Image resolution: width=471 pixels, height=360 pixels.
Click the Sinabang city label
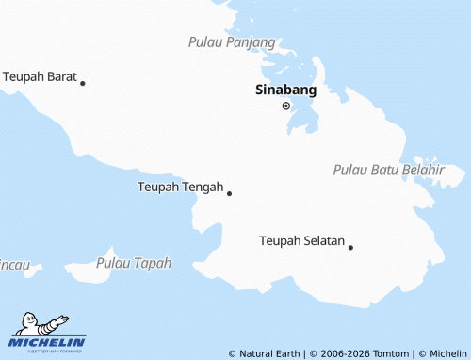[285, 91]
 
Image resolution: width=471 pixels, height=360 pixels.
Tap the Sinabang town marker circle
[286, 106]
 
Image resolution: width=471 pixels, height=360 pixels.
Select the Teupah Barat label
[40, 75]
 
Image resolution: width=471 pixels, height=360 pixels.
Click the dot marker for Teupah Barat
[83, 83]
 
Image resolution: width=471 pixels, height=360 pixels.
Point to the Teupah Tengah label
[180, 187]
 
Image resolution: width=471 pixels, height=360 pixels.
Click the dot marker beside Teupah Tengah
[229, 193]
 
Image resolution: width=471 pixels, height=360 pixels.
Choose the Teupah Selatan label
[301, 241]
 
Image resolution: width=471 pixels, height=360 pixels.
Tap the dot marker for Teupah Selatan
[350, 247]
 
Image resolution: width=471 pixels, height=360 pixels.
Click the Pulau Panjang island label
[232, 42]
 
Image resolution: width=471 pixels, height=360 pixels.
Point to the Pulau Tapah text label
[134, 263]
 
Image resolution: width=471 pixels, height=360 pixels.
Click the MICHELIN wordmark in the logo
[47, 341]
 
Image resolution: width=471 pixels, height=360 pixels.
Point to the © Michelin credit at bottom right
[441, 353]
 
